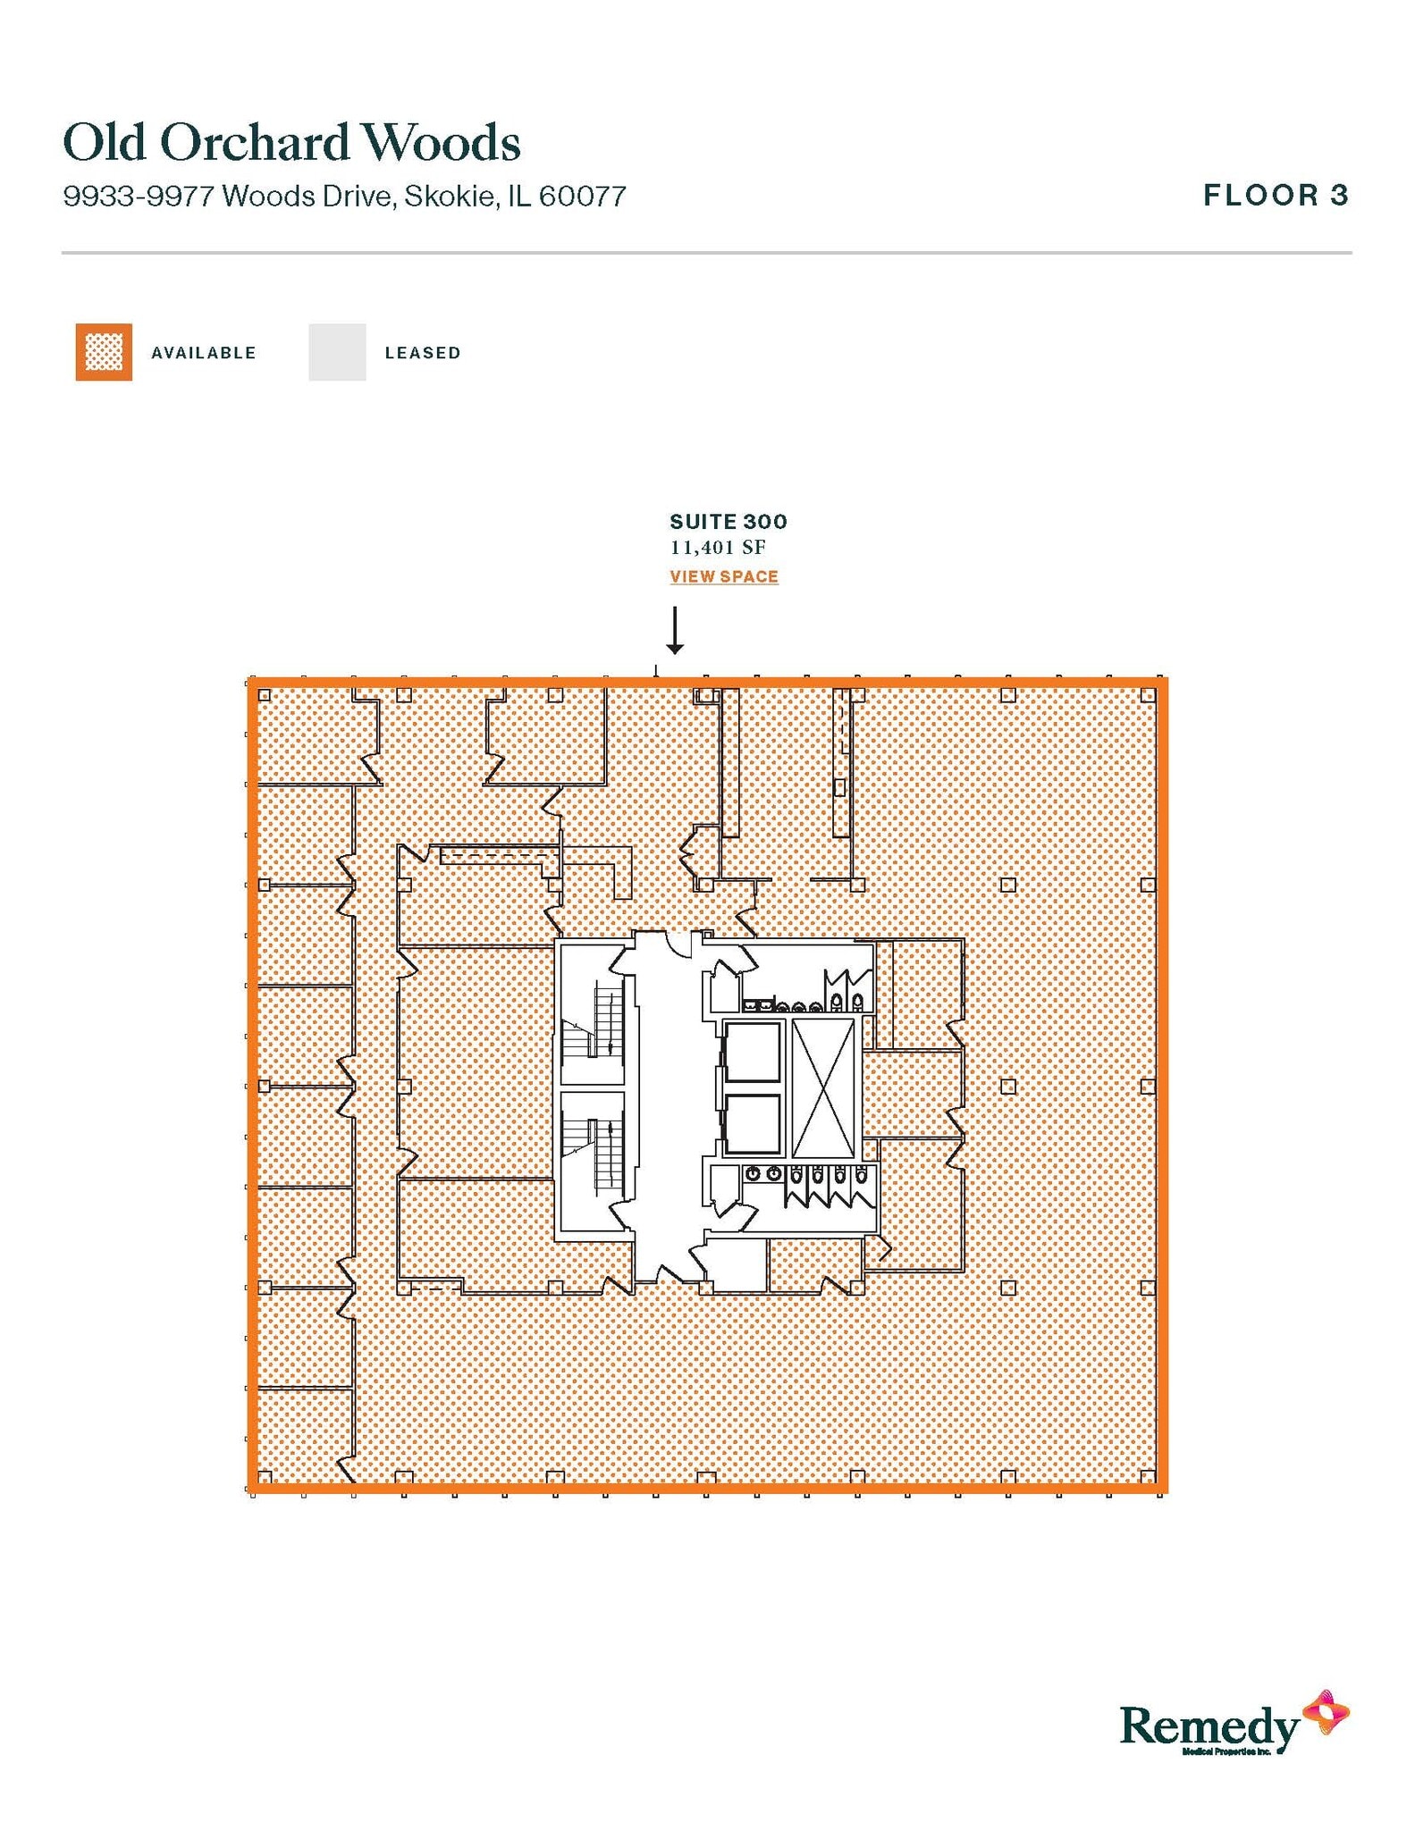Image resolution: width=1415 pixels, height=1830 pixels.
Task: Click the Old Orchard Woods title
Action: point(291,143)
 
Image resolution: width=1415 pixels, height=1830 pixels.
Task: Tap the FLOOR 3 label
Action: point(1276,195)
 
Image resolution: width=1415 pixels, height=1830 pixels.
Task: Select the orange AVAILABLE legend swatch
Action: point(104,352)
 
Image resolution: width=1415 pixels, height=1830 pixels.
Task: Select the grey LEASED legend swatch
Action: point(337,352)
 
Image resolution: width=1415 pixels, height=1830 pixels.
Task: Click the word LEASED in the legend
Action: point(423,353)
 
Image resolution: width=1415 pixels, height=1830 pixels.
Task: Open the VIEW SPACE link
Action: point(724,576)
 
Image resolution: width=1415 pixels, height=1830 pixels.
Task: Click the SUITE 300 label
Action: point(729,522)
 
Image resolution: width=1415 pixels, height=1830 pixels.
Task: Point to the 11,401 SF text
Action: point(718,547)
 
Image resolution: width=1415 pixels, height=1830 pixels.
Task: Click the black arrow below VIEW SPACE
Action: point(675,631)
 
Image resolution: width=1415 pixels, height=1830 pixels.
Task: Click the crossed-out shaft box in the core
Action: point(823,1087)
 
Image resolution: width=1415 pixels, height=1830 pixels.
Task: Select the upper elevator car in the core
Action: point(753,1052)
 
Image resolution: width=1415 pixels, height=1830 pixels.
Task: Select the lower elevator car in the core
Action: point(753,1123)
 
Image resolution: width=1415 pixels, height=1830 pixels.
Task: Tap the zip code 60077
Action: point(582,196)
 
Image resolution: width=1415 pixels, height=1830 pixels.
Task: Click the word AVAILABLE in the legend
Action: point(204,353)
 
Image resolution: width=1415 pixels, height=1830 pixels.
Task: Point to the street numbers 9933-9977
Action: point(139,196)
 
